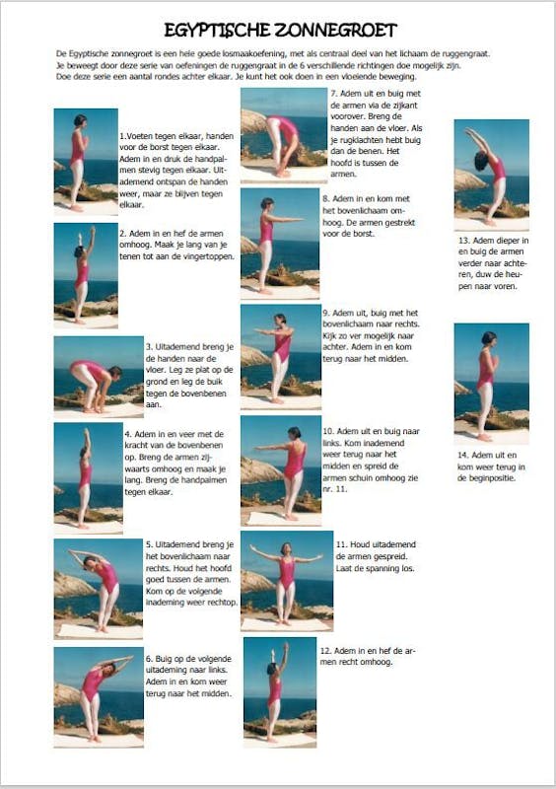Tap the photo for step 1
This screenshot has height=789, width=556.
point(86,162)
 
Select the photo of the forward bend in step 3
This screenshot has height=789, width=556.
point(99,377)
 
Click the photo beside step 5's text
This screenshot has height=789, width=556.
point(99,589)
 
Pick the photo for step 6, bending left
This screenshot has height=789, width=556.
point(99,697)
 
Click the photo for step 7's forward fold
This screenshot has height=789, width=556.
point(284,136)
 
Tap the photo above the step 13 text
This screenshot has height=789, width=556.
point(492,175)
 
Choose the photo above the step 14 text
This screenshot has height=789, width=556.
point(492,384)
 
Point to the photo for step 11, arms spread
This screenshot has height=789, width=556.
point(287,581)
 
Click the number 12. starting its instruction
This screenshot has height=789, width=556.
point(325,651)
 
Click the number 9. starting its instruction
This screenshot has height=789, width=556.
point(326,313)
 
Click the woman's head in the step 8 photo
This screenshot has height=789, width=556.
point(267,204)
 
